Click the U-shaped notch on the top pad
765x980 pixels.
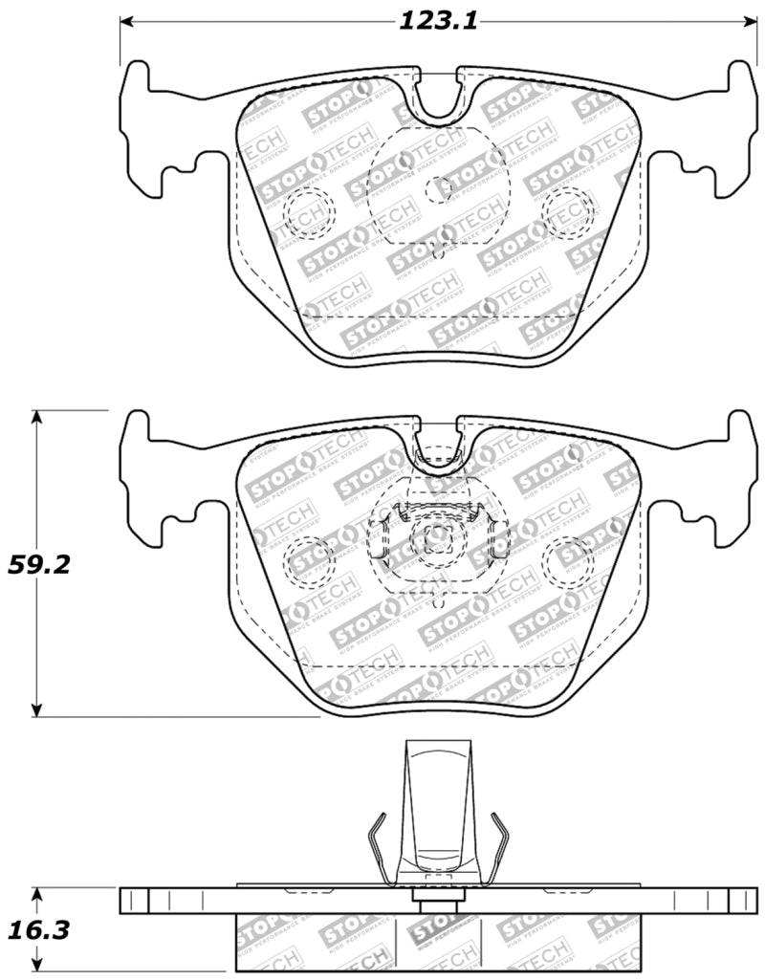pyautogui.click(x=439, y=96)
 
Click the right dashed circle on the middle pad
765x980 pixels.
pyautogui.click(x=568, y=562)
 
